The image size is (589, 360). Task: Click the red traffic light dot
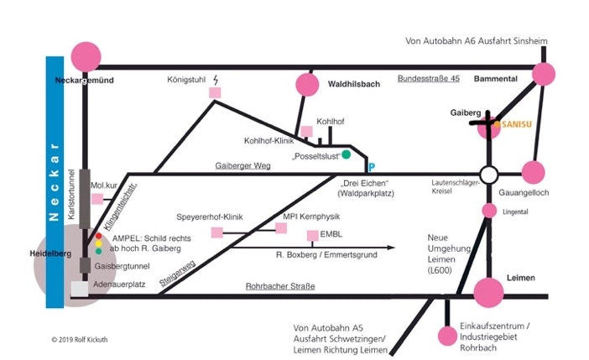[x=98, y=236]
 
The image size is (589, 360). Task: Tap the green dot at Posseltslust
[x=346, y=154]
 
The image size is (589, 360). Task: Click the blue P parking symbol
[x=372, y=167]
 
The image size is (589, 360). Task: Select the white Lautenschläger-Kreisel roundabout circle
[x=489, y=175]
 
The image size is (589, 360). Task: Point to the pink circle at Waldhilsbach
[x=307, y=85]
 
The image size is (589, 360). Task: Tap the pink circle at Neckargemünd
[x=86, y=57]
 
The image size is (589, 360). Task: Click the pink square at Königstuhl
[x=215, y=92]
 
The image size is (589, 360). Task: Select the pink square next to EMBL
[x=313, y=236]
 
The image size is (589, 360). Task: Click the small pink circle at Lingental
[x=489, y=211]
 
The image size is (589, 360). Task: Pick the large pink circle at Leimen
[x=488, y=292]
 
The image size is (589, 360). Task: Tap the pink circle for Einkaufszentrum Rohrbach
[x=447, y=336]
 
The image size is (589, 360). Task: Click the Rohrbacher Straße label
[x=280, y=286]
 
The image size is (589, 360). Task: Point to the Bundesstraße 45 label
[x=429, y=79]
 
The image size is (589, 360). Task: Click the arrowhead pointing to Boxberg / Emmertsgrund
[x=391, y=248]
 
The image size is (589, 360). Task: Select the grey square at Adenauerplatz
[x=80, y=289]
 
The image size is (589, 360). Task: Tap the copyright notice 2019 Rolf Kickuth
[x=80, y=340]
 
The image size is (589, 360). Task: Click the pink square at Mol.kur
[x=97, y=199]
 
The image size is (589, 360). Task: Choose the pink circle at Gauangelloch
[x=533, y=173]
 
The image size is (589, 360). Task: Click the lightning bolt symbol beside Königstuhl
[x=216, y=80]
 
